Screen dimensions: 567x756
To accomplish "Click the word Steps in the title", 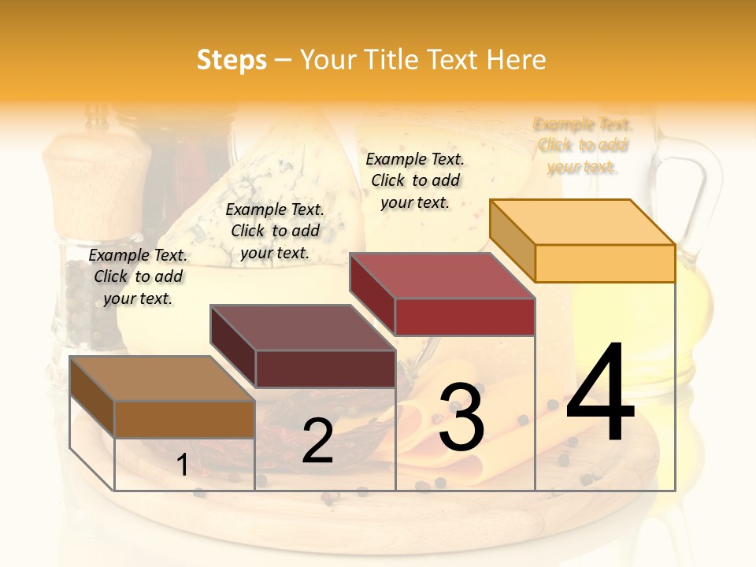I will (x=232, y=60).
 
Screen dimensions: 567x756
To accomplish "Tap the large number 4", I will (x=600, y=394).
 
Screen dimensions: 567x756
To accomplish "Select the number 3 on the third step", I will (x=461, y=417).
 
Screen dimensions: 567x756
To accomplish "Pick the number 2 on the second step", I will (x=317, y=441).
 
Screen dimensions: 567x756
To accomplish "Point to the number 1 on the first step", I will (x=182, y=465).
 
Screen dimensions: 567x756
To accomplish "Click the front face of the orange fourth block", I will (x=605, y=263).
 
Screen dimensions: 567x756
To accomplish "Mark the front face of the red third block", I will (x=465, y=317).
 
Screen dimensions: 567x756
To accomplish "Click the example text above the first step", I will (x=138, y=276).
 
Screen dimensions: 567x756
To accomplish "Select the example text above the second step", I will (x=275, y=231).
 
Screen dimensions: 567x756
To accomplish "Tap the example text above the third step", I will (x=415, y=180).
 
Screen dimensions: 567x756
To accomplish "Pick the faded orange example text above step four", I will (x=583, y=146).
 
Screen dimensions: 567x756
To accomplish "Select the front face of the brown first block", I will (x=184, y=420).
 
